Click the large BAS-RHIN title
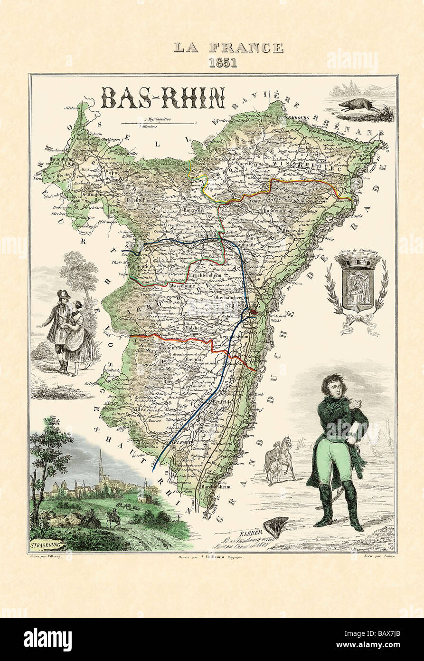click(163, 98)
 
